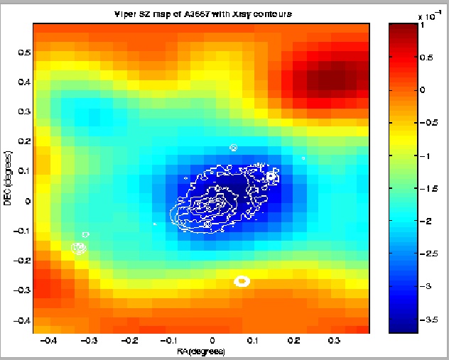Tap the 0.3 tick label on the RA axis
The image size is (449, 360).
click(333, 341)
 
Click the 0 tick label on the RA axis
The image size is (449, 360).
click(211, 341)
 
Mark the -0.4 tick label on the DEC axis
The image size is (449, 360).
click(19, 320)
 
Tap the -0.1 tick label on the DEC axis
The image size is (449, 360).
click(19, 231)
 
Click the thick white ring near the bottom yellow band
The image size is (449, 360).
click(242, 281)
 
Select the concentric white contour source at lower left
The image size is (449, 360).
click(78, 248)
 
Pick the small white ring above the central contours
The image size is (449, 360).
click(233, 148)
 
